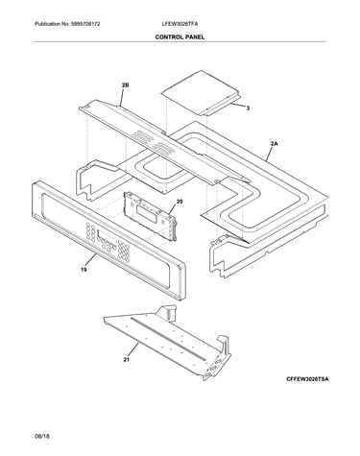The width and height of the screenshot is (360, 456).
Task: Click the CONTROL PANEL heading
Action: pos(180,37)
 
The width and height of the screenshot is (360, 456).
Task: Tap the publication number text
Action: pos(67,24)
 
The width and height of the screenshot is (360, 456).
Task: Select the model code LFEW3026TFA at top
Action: pos(180,24)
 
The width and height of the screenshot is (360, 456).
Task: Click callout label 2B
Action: pos(126,85)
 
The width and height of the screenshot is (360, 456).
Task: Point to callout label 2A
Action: pos(275,144)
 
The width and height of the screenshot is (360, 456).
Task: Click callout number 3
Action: pos(248,108)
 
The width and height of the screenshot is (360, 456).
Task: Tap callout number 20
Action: pos(180,202)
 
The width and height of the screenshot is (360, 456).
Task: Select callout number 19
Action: pos(84,270)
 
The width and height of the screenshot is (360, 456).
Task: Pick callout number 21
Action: pos(127,360)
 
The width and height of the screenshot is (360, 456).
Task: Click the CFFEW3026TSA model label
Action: pos(307,379)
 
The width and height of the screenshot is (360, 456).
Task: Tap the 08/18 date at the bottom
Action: pos(42,436)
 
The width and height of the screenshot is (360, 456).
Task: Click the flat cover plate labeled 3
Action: pos(201,92)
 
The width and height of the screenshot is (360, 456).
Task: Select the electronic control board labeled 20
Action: pos(150,215)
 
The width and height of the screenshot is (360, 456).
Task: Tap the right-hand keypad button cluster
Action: pos(124,251)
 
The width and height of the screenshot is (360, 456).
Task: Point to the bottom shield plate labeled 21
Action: pos(167,343)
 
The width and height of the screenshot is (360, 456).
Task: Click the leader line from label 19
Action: pos(91,260)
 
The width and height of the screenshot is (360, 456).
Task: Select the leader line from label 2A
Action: pos(269,154)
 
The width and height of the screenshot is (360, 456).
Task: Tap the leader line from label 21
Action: pos(133,350)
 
